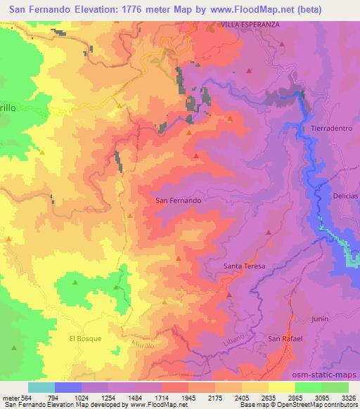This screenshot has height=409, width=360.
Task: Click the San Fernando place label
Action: (x=178, y=200)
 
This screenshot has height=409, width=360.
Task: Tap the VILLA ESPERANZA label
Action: (x=250, y=22)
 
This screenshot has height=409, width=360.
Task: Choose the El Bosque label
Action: (x=85, y=338)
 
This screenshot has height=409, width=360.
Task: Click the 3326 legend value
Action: (x=348, y=397)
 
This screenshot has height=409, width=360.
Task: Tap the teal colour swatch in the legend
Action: (x=41, y=387)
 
